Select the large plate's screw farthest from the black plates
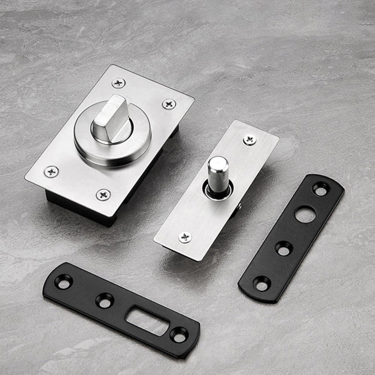coord(119,83)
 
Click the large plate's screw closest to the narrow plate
coord(169,103)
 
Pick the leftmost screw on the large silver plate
coord(51,171)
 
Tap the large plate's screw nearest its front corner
coord(103,194)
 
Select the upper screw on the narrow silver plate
coord(250,139)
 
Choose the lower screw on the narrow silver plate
coord(185,237)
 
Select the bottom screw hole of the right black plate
coord(262,283)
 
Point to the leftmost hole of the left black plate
coord(64,281)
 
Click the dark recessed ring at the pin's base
coord(216,191)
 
